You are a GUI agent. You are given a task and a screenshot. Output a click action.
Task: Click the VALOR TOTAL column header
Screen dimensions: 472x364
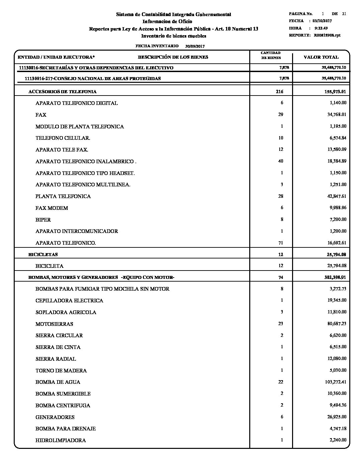(x=321, y=57)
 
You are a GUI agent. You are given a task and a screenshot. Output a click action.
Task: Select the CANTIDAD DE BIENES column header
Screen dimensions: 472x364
(x=271, y=55)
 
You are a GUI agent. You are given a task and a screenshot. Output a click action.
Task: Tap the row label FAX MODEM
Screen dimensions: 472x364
(x=52, y=208)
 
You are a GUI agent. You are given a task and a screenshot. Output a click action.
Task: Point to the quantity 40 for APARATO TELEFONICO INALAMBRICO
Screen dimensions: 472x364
(x=280, y=161)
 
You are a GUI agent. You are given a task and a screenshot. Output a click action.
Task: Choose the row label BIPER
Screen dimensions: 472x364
(x=43, y=220)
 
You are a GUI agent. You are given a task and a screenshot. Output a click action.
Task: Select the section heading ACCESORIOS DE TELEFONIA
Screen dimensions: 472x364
(x=63, y=92)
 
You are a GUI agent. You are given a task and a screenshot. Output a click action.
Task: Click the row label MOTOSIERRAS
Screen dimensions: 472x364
(x=54, y=324)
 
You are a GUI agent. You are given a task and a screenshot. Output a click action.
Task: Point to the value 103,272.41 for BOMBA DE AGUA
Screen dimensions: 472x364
(x=335, y=382)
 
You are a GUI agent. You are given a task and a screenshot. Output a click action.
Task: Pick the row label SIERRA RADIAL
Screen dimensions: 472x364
(x=56, y=359)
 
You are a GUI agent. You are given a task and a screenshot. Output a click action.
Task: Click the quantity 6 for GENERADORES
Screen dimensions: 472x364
(x=282, y=417)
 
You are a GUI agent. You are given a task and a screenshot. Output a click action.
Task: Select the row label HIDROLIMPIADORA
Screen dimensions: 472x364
(x=61, y=440)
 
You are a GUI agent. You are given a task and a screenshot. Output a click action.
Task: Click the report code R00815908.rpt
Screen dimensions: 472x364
(x=327, y=35)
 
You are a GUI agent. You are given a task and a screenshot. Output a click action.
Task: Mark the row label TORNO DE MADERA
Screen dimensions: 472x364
(x=61, y=371)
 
